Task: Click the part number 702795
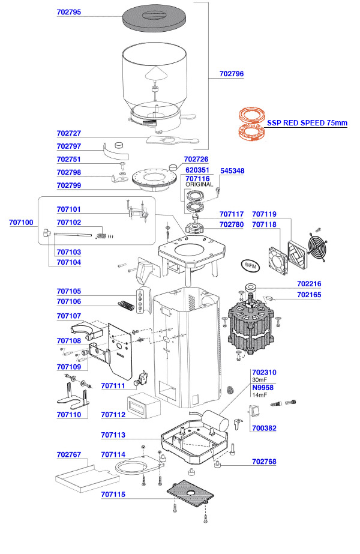(69, 11)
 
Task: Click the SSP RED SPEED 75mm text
(307, 122)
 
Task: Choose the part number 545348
(232, 171)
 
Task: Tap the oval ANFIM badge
(248, 263)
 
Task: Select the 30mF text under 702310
(259, 380)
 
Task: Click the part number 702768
(265, 462)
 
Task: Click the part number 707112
(113, 415)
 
